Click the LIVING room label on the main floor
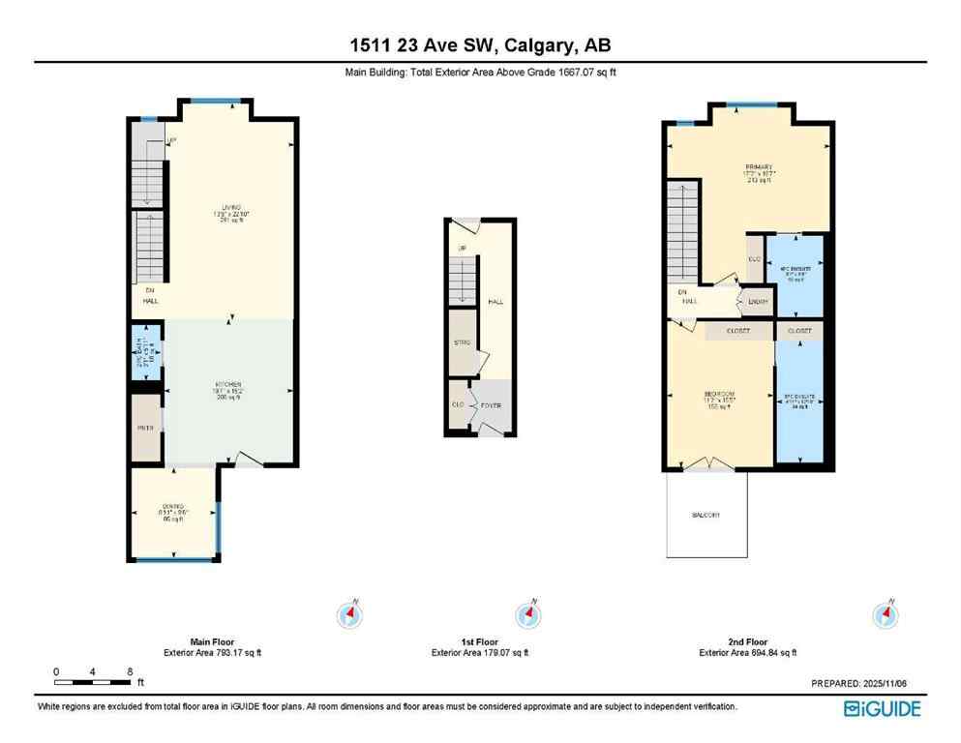click(x=229, y=207)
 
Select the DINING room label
click(x=174, y=507)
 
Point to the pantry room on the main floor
click(x=147, y=426)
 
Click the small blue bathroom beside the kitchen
click(x=145, y=354)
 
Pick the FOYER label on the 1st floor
click(x=491, y=405)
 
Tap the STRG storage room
click(x=463, y=342)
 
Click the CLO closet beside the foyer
click(x=457, y=405)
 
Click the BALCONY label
click(x=706, y=516)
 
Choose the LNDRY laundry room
click(x=758, y=302)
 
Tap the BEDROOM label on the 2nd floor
click(x=720, y=394)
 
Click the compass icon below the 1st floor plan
click(x=527, y=614)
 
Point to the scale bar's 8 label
click(x=129, y=670)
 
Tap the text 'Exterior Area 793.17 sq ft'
click(x=212, y=653)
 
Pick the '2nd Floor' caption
click(x=747, y=641)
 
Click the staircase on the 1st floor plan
click(x=463, y=281)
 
